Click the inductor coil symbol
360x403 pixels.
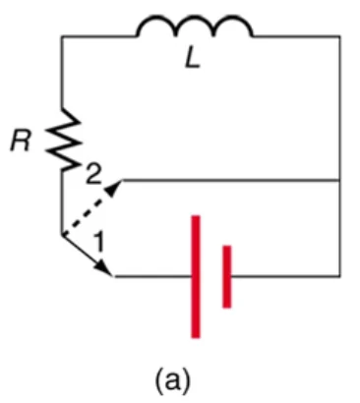point(195,21)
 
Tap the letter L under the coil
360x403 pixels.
point(193,60)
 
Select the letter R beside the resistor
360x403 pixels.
point(21,142)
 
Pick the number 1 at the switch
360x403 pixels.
point(99,242)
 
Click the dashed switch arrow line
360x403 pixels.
point(91,207)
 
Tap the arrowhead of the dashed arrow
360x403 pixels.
point(114,188)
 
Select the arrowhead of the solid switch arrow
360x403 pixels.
point(105,268)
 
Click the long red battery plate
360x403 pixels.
point(196,276)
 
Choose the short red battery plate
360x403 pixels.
point(227,276)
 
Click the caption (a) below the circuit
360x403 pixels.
point(172,379)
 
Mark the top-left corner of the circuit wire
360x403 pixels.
point(62,36)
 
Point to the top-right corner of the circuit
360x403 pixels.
point(339,36)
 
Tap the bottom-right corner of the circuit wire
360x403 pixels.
point(339,276)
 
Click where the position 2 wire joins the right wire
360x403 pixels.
point(339,180)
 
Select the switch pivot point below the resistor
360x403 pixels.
point(62,235)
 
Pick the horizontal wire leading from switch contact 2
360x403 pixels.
point(231,180)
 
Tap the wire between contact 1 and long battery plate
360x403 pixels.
point(153,276)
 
